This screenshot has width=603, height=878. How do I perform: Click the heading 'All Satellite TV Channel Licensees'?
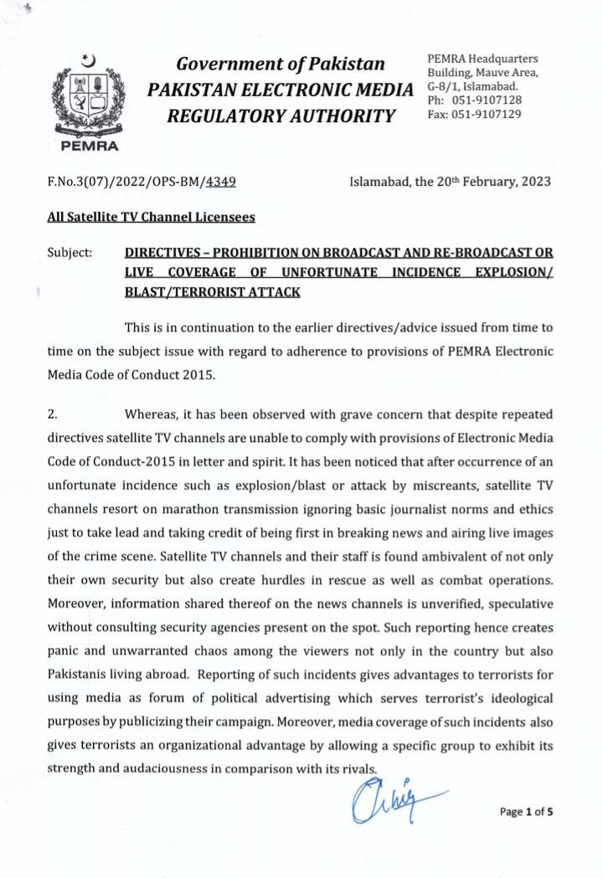point(151,216)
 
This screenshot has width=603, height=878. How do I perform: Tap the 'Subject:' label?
point(70,252)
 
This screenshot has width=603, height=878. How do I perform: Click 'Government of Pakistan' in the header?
point(280,64)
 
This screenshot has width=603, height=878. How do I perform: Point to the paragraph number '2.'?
point(53,413)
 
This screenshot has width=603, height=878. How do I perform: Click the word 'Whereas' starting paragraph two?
point(152,413)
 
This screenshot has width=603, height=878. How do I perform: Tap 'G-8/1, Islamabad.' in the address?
point(472,86)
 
